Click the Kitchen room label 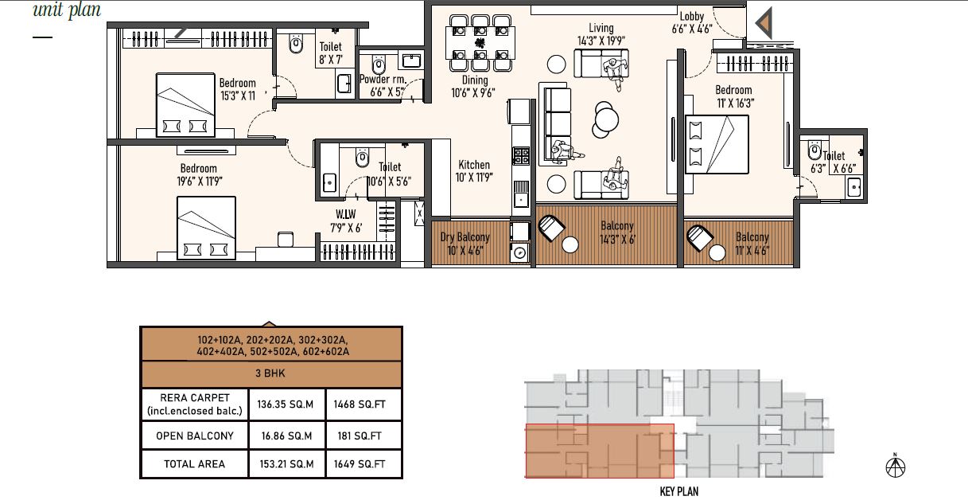click(x=474, y=165)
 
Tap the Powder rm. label click(x=383, y=80)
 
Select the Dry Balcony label click(x=465, y=237)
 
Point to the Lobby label click(x=692, y=17)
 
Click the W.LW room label click(x=346, y=214)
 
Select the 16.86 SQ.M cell click(x=286, y=436)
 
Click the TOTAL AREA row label click(x=194, y=464)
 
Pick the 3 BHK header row click(x=271, y=373)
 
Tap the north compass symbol click(x=896, y=466)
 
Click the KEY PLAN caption click(x=679, y=491)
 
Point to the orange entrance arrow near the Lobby click(x=764, y=23)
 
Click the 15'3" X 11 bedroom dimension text click(x=238, y=96)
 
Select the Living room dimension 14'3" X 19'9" click(x=601, y=41)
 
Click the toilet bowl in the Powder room click(x=379, y=65)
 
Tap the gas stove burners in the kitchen click(x=521, y=156)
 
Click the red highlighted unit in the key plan click(x=600, y=451)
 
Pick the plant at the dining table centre click(x=480, y=42)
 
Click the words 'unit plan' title click(x=67, y=10)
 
